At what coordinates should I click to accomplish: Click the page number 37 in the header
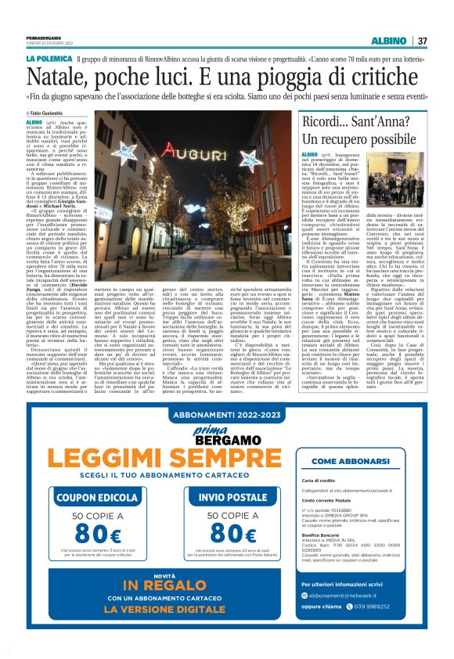pos(422,41)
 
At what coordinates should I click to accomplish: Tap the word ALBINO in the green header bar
pos(388,41)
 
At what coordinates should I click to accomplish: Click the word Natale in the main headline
pos(57,76)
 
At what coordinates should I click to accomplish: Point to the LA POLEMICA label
pos(49,59)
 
